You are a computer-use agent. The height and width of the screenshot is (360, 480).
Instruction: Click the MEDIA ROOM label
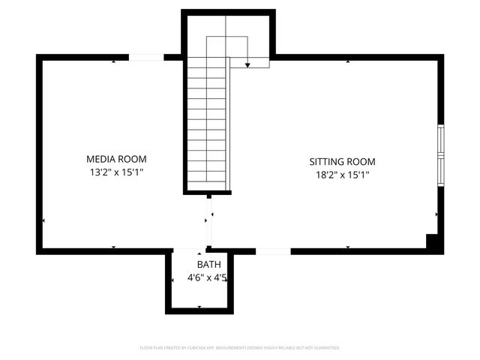point(116,159)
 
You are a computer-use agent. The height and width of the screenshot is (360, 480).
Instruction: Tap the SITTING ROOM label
point(343,161)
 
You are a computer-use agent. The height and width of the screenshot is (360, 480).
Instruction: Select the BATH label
point(209,265)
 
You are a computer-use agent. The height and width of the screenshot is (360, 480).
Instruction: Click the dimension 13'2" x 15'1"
point(116,172)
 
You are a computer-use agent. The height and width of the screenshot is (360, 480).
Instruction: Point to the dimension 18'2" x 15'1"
point(343,175)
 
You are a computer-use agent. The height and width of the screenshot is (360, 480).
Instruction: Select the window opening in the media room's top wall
point(147,57)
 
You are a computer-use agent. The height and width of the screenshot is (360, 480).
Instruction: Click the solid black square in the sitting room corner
point(432,241)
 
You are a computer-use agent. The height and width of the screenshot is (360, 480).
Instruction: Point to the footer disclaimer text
point(240,348)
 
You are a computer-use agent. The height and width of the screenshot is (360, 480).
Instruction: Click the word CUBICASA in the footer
point(199,348)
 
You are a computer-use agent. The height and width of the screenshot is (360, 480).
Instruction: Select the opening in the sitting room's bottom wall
point(273,250)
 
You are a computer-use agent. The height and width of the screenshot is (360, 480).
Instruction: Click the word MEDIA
point(101,159)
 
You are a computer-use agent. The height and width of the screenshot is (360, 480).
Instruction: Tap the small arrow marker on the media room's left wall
point(44,220)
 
